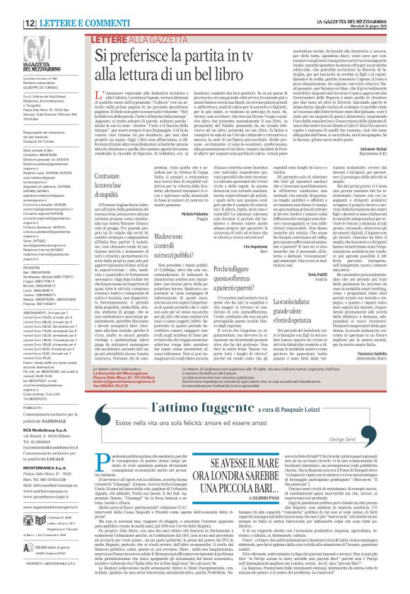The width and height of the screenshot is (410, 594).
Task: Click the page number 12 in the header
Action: (13, 6)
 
